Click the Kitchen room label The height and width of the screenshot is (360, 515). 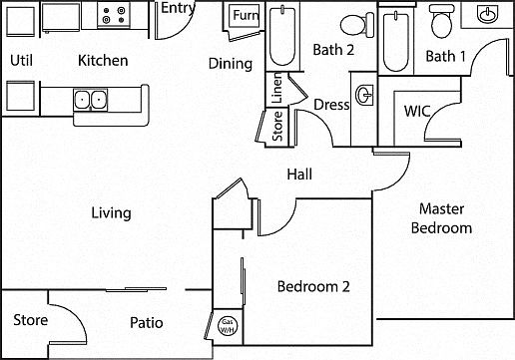coord(103,61)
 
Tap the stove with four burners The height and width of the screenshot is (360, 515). coord(114,15)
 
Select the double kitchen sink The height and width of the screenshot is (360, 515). coord(91,100)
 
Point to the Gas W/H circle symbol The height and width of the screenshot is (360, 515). coord(228,325)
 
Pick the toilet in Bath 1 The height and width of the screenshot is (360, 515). coord(441,20)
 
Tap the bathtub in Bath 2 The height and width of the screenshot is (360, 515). coord(282,36)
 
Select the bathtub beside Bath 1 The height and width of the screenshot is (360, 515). coord(396,41)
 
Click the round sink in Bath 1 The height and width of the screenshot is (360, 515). coord(488,14)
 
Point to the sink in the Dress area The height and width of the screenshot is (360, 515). coord(364,95)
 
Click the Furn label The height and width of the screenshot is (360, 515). coord(246,15)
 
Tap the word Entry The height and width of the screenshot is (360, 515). coord(178,8)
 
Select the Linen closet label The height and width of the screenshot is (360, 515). coord(276,88)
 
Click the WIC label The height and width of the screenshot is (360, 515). coord(417,112)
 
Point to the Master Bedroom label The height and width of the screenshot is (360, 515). coord(441,218)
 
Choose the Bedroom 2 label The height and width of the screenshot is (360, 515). coord(313,286)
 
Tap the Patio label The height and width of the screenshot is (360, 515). coord(146,323)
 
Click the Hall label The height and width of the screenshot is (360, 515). coord(299,175)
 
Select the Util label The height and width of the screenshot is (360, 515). coord(21,61)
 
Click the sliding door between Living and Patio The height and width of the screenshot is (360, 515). coord(136,290)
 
